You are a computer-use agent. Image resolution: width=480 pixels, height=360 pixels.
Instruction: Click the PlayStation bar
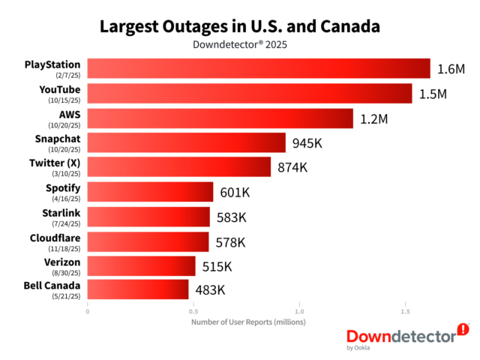259,68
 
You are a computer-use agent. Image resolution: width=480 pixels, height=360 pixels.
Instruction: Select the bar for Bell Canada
138,289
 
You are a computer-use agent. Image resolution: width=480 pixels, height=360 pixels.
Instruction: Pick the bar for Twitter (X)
179,166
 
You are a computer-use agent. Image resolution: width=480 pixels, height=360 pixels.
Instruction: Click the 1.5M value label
433,94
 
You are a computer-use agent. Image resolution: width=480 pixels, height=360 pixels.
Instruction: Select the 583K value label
232,217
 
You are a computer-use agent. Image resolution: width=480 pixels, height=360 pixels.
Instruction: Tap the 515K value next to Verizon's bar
217,265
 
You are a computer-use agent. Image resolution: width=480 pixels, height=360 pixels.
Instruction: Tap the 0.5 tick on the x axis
193,310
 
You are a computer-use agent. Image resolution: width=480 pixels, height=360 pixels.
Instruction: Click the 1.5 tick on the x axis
406,310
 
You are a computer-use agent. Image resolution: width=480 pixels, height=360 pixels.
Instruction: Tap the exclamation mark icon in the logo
463,328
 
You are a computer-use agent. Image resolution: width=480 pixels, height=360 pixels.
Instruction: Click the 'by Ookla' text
358,347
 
